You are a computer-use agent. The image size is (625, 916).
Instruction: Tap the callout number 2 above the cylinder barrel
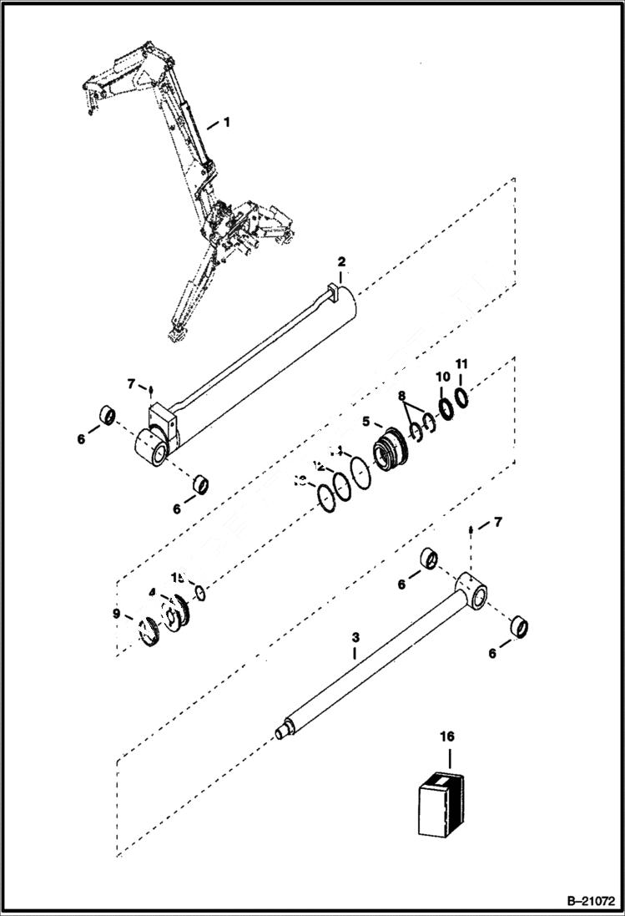340,262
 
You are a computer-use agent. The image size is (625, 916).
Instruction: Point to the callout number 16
448,736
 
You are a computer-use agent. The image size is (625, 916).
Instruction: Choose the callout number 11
461,364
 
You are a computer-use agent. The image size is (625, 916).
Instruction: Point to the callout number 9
116,615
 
